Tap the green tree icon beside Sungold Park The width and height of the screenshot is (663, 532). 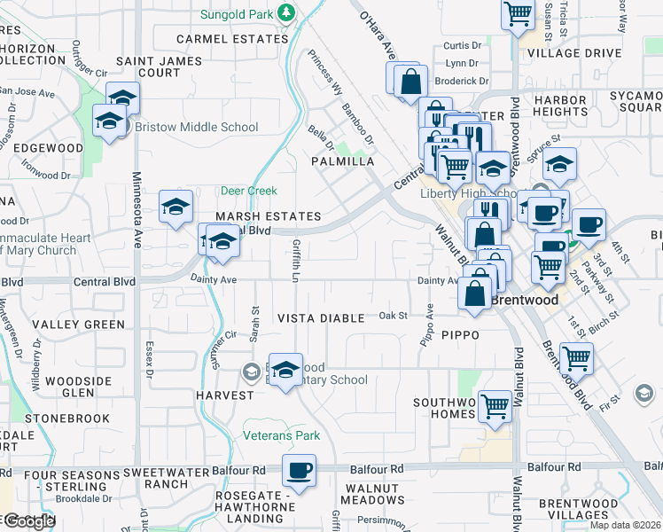point(285,12)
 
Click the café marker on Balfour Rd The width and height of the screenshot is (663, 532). point(299,470)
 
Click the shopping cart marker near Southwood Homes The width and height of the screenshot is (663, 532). point(495,406)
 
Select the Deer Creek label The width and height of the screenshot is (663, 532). point(248,191)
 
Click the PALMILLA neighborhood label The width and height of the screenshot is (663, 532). point(342,162)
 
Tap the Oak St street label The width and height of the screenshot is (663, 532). point(393,315)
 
